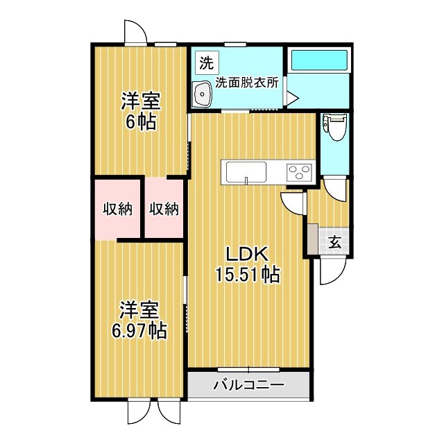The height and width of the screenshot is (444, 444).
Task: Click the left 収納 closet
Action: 118,209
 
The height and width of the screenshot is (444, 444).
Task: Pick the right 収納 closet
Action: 164,209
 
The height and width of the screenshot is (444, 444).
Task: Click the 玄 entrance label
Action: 334,242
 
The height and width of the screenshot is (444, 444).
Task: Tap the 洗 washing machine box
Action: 206,62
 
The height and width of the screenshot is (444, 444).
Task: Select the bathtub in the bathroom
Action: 318,60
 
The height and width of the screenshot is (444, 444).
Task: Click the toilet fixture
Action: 335,127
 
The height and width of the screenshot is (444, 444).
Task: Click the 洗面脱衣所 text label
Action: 246,82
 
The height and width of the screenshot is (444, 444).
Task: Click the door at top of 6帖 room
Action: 135,32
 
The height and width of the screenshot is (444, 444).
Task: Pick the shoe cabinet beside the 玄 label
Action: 313,240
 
